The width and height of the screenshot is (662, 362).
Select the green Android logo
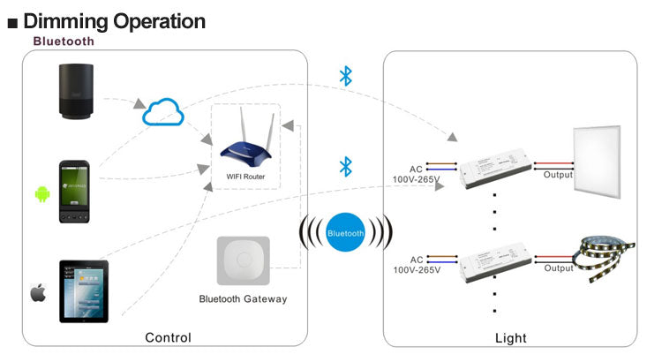(x=40, y=193)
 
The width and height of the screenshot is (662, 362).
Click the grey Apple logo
(x=38, y=293)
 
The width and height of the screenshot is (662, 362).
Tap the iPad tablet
(x=84, y=291)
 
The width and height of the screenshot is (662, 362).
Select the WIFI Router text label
(x=245, y=177)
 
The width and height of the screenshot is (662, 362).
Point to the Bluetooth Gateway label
(x=243, y=299)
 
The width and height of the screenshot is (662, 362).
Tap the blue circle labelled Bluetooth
(x=345, y=233)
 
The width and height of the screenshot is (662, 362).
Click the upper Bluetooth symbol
(x=346, y=76)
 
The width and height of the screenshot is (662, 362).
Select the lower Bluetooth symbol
(x=347, y=166)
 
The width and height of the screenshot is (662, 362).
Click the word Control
(x=168, y=337)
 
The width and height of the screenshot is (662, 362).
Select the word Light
(x=510, y=337)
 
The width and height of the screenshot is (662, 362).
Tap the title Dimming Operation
(x=115, y=20)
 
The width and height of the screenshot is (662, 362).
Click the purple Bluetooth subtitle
(x=64, y=41)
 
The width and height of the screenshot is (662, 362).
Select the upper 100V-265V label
(x=416, y=179)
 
